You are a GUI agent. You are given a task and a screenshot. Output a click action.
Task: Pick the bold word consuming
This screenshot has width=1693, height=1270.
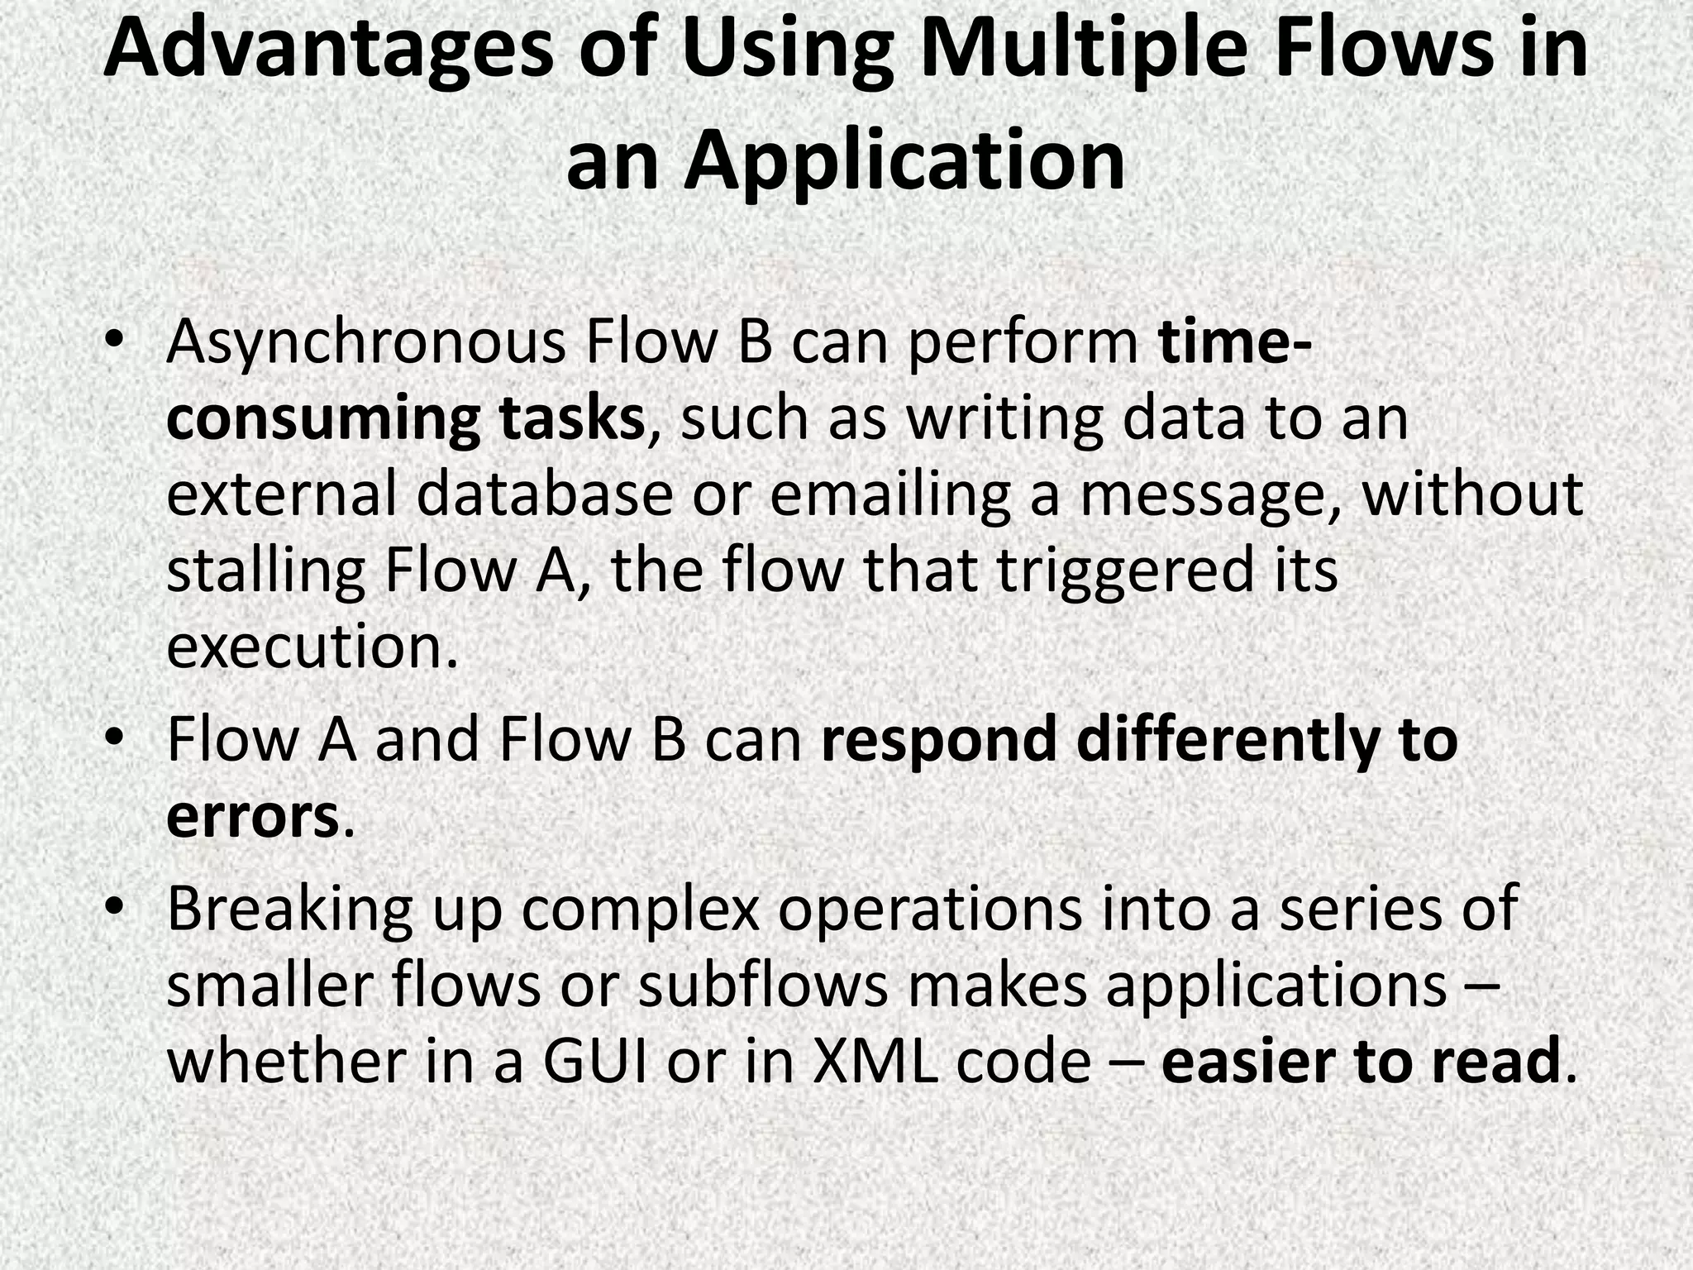[322, 419]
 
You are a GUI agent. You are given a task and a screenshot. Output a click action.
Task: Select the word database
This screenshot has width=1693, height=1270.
[545, 494]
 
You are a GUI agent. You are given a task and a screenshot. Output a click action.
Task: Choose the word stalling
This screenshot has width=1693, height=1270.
[265, 571]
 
